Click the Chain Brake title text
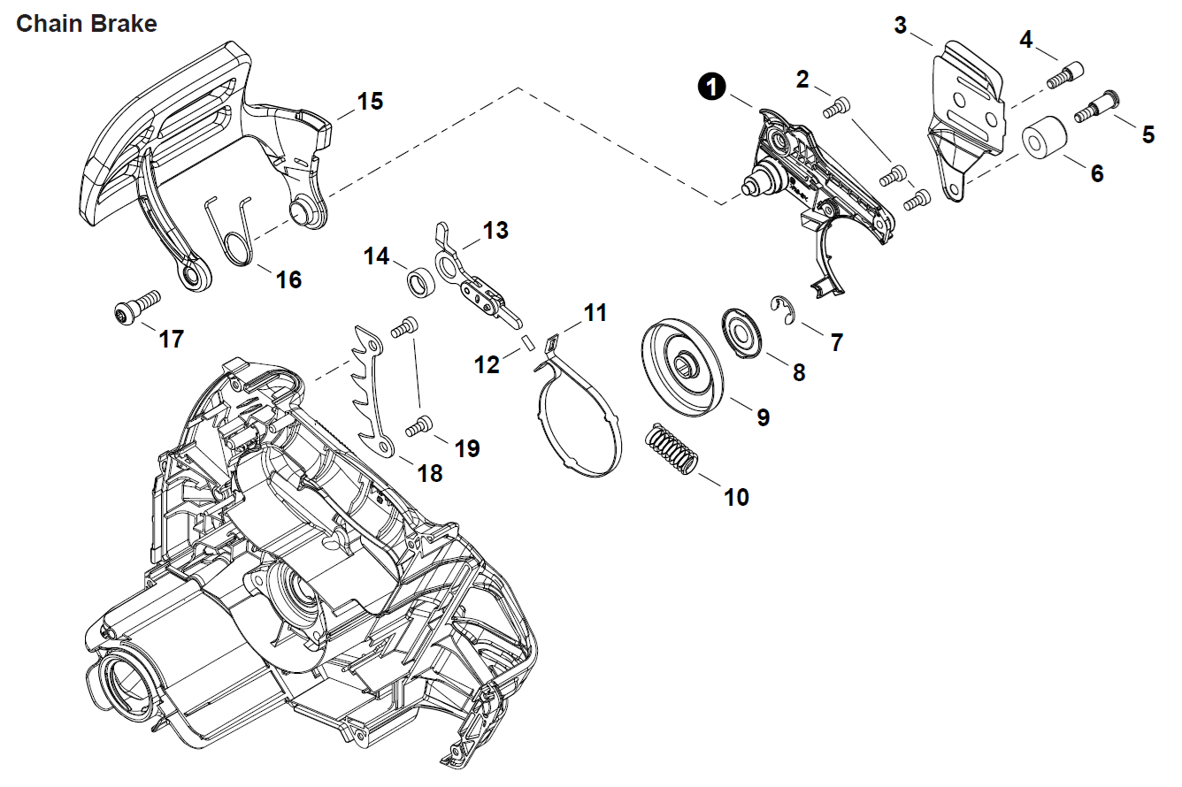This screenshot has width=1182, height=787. [87, 24]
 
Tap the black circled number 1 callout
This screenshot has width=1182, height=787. [712, 87]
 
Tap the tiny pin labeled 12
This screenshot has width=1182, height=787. [527, 341]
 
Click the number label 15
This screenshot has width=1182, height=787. [370, 102]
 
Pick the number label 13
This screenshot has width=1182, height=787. [495, 231]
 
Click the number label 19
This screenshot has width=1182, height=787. [467, 448]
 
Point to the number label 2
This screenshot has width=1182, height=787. [802, 80]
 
